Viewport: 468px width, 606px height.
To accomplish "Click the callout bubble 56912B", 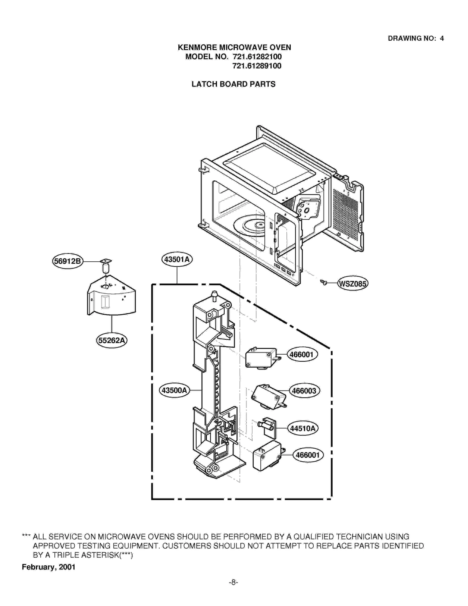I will [x=68, y=261].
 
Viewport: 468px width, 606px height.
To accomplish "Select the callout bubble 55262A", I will [x=111, y=340].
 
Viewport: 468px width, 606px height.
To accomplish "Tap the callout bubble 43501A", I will [x=177, y=259].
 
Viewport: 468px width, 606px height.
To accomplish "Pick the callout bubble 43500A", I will [x=174, y=390].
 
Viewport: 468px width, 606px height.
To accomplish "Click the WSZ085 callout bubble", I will [x=352, y=284].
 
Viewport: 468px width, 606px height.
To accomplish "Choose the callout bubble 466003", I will [x=304, y=391].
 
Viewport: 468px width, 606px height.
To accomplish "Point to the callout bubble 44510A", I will [x=303, y=429].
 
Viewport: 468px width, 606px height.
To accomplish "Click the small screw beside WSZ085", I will [x=324, y=282].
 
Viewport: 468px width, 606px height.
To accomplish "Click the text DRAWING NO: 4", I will [x=415, y=38].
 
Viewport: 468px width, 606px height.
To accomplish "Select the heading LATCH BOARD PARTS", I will [x=233, y=84].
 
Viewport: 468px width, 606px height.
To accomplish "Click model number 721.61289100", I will [x=257, y=66].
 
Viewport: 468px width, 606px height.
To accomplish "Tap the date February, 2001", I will [x=49, y=567].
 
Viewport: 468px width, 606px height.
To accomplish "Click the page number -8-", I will [x=233, y=583].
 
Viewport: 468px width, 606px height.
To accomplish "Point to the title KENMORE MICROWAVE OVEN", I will [x=234, y=47].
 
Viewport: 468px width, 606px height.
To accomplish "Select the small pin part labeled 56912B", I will [x=106, y=266].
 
